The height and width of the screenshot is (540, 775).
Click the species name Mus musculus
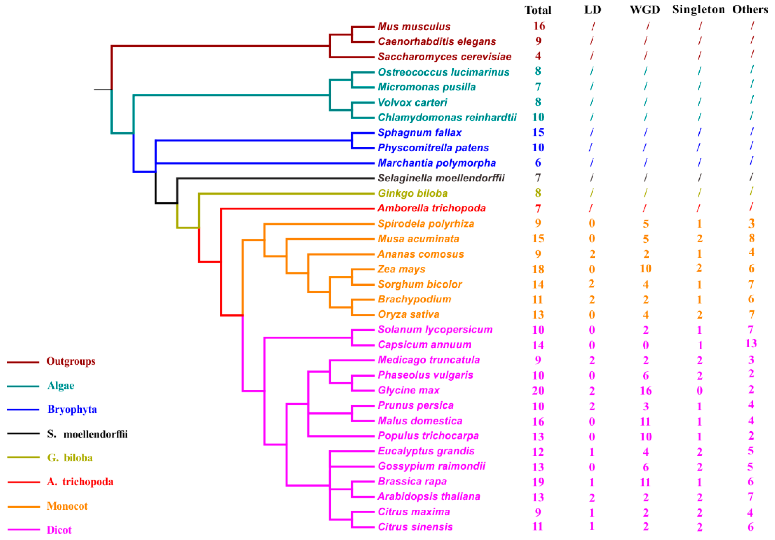click(414, 26)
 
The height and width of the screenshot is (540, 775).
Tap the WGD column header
click(645, 10)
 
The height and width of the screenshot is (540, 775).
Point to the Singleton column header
click(698, 10)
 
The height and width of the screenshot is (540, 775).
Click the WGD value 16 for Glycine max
click(645, 390)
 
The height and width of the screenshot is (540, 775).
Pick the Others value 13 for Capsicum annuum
click(751, 343)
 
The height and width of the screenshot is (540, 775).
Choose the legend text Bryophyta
click(72, 409)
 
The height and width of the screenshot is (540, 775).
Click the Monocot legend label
click(67, 506)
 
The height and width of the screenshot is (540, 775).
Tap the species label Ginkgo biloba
click(413, 193)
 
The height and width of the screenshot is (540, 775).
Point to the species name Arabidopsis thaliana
click(429, 497)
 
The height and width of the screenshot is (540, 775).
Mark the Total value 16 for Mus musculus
click(539, 26)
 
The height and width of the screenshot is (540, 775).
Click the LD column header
click(592, 10)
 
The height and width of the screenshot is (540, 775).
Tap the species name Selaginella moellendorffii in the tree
click(441, 178)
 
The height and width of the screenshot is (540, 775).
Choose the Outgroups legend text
click(71, 361)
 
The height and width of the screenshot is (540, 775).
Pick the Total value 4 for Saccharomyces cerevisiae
click(538, 56)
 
